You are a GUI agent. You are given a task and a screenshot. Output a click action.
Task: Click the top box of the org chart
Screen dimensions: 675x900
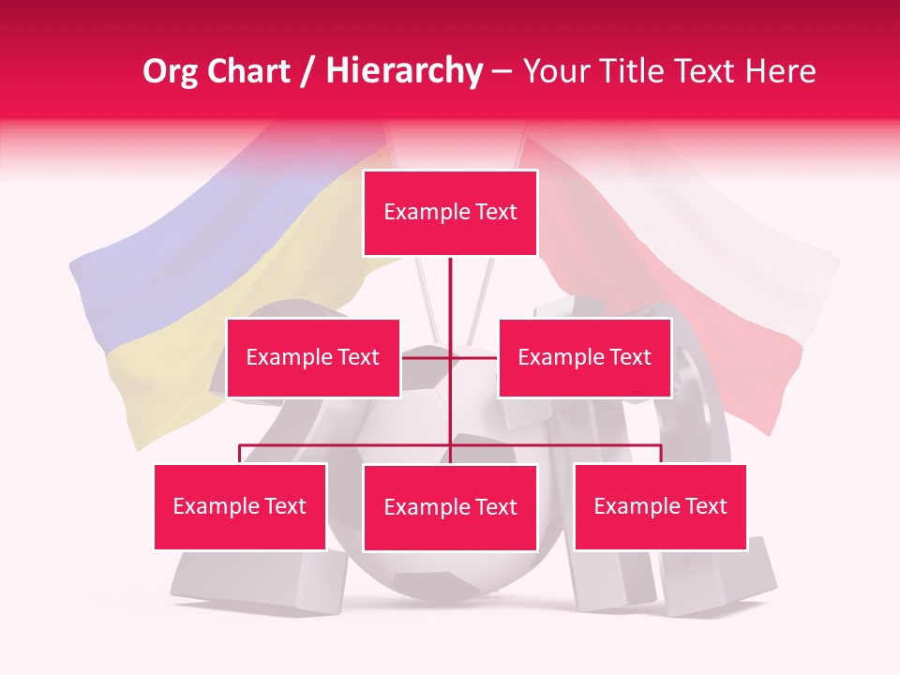(450, 213)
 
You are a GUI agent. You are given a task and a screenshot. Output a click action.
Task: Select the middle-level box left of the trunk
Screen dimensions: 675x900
(313, 357)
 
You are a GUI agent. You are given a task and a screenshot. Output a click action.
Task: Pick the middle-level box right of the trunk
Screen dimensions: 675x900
(584, 357)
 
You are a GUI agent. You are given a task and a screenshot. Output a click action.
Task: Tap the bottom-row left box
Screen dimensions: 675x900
(240, 506)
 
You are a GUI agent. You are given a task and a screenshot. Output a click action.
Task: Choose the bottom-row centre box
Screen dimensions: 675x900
(450, 507)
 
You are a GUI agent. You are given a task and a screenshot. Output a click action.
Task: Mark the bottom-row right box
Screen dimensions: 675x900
(660, 506)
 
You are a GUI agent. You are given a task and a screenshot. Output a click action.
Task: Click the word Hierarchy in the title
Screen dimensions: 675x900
(403, 72)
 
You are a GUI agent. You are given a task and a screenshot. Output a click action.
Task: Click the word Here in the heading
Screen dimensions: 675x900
(780, 72)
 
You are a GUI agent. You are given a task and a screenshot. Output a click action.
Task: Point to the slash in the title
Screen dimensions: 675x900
(307, 72)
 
